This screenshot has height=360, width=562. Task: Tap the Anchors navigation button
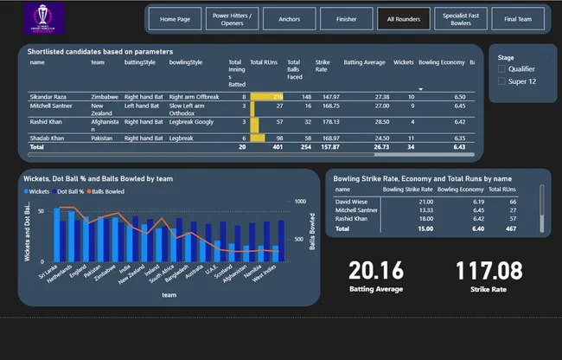(290, 18)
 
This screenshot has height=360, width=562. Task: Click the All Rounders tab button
(404, 18)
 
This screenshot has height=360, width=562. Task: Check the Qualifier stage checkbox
(502, 67)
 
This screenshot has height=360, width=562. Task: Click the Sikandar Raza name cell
(50, 97)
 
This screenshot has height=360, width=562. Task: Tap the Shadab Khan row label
(48, 138)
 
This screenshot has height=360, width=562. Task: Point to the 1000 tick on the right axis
(301, 201)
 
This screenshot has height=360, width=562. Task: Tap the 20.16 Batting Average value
(375, 270)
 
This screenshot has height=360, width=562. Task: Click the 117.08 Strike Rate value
(488, 270)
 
